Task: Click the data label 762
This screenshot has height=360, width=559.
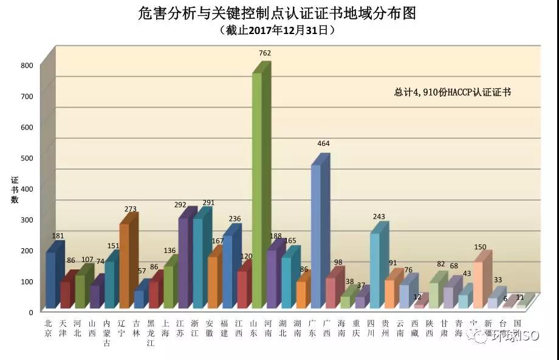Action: (265, 53)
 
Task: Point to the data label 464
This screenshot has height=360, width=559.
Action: (323, 144)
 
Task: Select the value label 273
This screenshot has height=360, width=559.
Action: (131, 209)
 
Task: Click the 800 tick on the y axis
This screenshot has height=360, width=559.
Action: (26, 66)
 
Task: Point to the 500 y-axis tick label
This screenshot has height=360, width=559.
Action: (26, 158)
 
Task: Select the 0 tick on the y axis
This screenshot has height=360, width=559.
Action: (30, 312)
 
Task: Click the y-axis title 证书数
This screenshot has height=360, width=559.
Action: (15, 190)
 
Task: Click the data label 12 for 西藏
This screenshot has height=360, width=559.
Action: (417, 297)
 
